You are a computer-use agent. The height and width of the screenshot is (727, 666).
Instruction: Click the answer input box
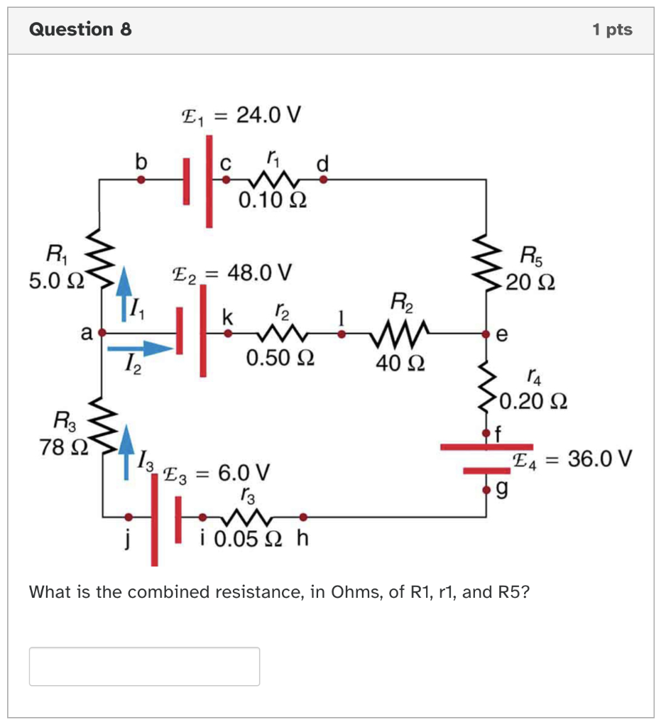[144, 666]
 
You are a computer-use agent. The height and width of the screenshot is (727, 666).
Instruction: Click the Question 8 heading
[80, 29]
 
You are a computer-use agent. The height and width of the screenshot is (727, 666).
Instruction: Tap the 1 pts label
[611, 30]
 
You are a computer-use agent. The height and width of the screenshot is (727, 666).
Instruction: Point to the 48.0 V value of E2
[258, 272]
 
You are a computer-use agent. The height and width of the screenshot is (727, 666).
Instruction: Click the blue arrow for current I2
[139, 348]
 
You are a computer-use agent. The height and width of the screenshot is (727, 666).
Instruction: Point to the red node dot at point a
[102, 332]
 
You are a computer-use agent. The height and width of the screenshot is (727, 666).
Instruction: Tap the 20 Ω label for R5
[531, 283]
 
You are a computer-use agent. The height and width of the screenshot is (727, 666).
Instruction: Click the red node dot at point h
[303, 517]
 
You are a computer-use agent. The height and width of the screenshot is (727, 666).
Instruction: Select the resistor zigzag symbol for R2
[399, 332]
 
